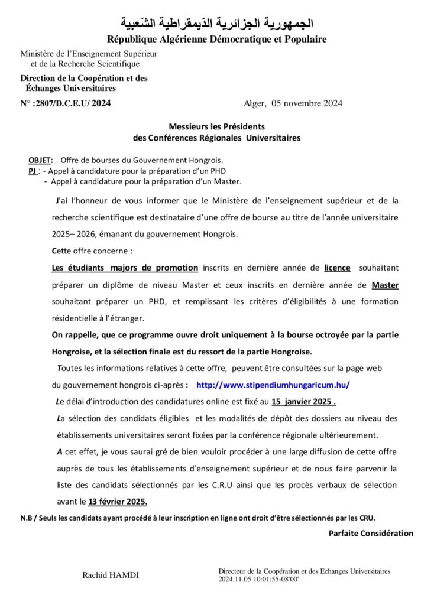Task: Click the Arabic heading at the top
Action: click(216, 24)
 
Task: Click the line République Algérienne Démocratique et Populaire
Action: click(216, 40)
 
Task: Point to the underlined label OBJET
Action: click(40, 160)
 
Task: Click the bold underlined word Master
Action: click(384, 285)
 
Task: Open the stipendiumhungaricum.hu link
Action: click(273, 384)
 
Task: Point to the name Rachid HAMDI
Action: click(111, 575)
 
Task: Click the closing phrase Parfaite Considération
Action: click(371, 533)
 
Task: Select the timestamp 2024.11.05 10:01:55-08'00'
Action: click(259, 580)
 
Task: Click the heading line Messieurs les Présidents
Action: click(216, 126)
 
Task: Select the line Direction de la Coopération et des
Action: click(84, 77)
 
